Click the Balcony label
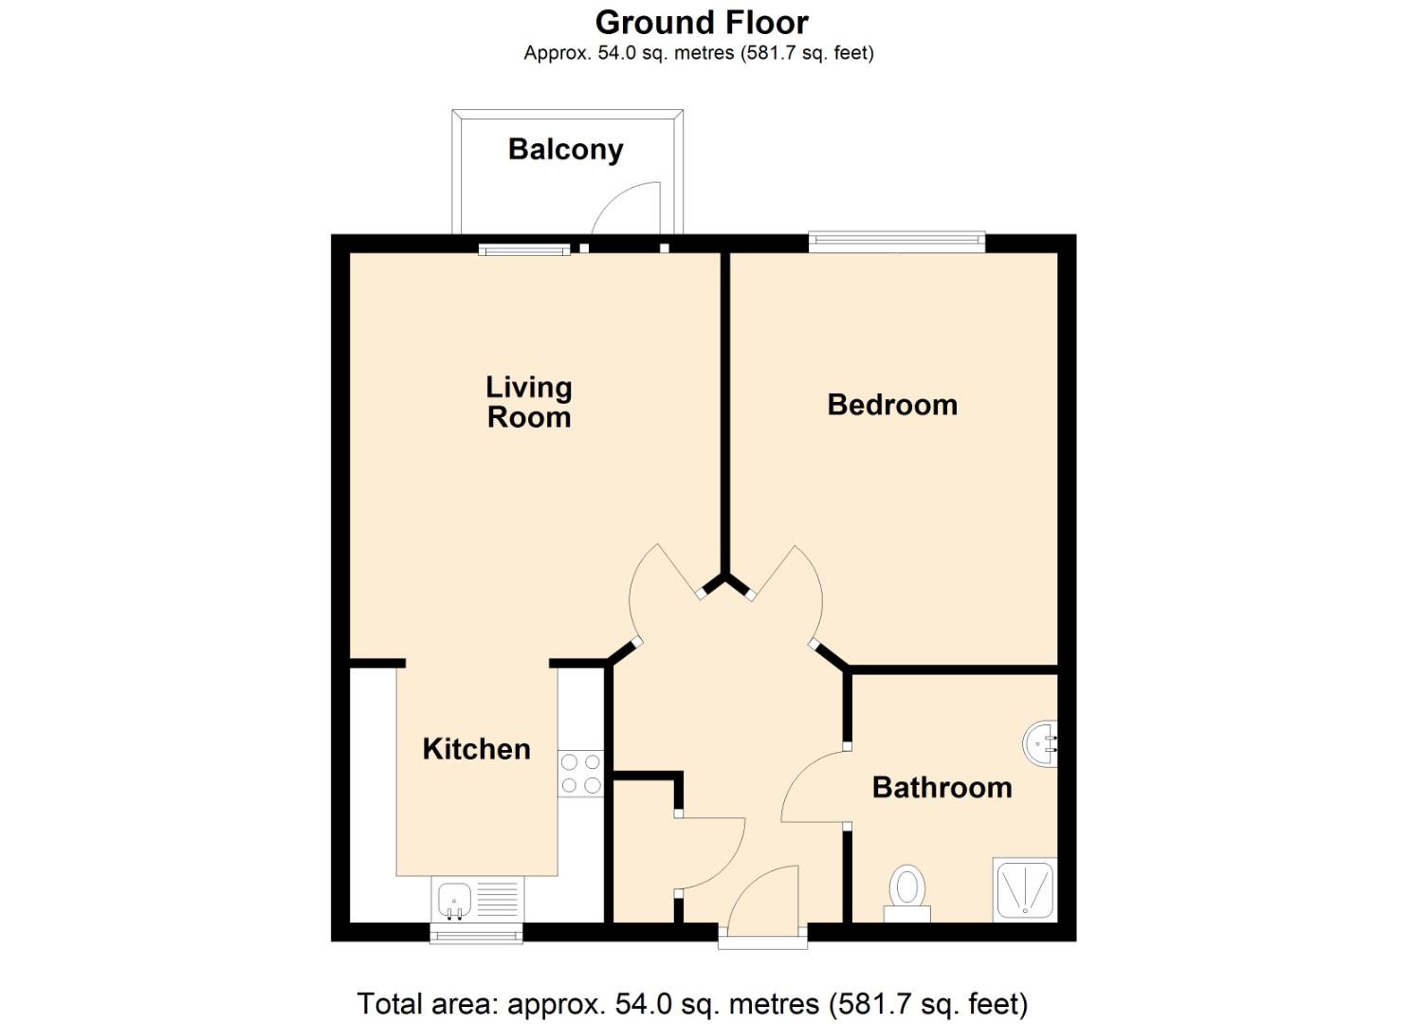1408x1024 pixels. click(x=565, y=150)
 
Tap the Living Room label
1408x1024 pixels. click(x=528, y=402)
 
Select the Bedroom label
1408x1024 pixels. click(x=892, y=405)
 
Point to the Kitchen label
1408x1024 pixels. click(x=476, y=749)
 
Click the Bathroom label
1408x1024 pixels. click(x=942, y=788)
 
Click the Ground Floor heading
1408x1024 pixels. click(x=702, y=22)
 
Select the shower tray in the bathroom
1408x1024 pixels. click(x=1024, y=890)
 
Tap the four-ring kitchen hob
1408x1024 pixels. click(x=580, y=773)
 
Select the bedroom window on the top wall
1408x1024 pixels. click(x=897, y=243)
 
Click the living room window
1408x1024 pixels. click(x=524, y=249)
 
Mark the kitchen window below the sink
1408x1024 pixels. click(x=476, y=933)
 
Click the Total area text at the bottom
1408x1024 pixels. click(x=692, y=1003)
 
